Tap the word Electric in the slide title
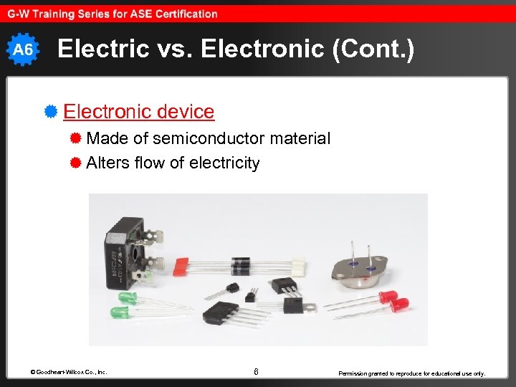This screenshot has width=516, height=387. pyautogui.click(x=97, y=49)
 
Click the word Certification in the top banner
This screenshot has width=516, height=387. pyautogui.click(x=184, y=14)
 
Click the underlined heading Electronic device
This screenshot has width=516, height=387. pyautogui.click(x=138, y=112)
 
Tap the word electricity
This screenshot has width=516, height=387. pyautogui.click(x=224, y=163)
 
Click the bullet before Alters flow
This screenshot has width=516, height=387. pyautogui.click(x=75, y=163)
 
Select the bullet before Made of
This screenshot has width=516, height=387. pyautogui.click(x=75, y=138)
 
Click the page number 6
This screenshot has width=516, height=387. pyautogui.click(x=256, y=371)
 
